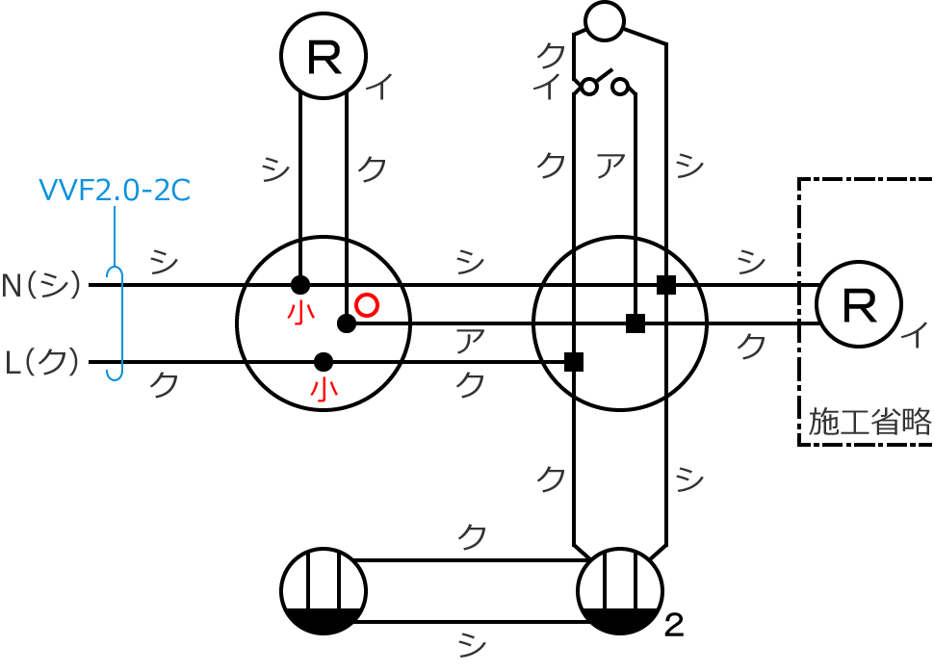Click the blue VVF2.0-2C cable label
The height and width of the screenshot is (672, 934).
(x=114, y=190)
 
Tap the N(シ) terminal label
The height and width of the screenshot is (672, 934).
(x=41, y=285)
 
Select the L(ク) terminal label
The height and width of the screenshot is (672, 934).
(x=42, y=363)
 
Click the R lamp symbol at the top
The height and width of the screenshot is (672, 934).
(x=323, y=56)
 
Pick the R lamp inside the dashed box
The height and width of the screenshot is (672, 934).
(x=858, y=304)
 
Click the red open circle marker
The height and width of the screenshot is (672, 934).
(x=366, y=305)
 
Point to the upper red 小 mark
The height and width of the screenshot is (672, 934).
(x=300, y=313)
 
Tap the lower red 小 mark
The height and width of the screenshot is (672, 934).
(x=324, y=389)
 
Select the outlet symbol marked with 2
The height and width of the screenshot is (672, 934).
(x=619, y=591)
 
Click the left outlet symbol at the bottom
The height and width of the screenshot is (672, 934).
(x=324, y=591)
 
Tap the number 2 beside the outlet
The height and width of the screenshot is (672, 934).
(x=674, y=627)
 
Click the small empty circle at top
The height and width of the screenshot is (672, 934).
(x=604, y=21)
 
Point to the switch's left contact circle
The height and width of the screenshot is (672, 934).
(x=588, y=88)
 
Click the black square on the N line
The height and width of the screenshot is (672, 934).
(x=665, y=285)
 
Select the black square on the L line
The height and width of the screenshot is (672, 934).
(x=574, y=362)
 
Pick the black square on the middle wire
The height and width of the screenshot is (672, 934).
(x=635, y=323)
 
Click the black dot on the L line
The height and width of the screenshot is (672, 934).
(x=324, y=362)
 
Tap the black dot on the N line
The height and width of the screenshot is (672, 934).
(x=300, y=285)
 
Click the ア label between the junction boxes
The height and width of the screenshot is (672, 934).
(x=469, y=340)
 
